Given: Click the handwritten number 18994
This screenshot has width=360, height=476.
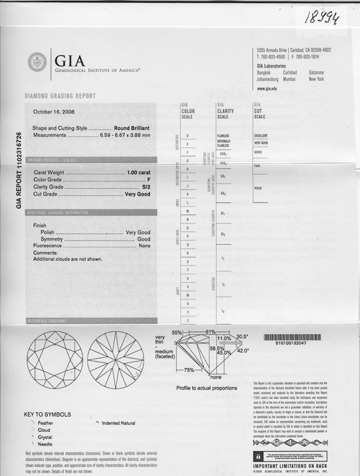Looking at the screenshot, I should click(321, 17).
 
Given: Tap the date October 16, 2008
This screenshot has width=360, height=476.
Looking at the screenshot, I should click(54, 112).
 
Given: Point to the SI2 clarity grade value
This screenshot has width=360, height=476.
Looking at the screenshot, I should click(145, 187).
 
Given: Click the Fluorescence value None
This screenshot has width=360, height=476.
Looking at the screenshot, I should click(144, 246).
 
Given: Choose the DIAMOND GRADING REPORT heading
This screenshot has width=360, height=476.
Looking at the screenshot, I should click(60, 96).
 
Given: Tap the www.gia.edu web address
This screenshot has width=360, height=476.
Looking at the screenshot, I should click(267, 89).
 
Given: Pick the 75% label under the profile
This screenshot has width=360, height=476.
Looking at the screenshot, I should click(189, 370).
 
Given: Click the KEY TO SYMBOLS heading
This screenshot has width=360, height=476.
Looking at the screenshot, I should click(47, 414).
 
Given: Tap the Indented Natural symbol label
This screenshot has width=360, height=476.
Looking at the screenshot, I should click(119, 423).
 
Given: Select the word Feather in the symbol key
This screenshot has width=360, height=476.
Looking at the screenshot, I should click(46, 423).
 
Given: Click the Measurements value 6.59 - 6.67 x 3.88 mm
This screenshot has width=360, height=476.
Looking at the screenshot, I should click(124, 135).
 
